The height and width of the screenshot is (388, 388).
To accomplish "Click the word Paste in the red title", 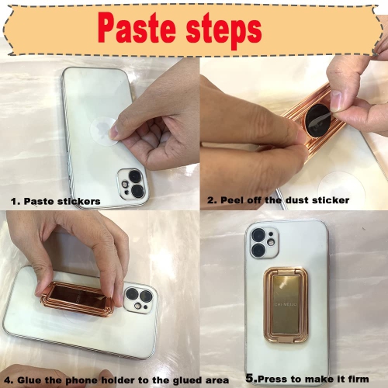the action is tap(137, 28).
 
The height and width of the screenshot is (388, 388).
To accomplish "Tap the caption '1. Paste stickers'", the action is tap(56, 201).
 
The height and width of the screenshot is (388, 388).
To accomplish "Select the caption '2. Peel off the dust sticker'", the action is tap(278, 200).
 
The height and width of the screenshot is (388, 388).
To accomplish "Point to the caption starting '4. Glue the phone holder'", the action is tap(116, 380).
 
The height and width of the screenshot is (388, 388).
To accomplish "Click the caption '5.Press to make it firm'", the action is tap(307, 379).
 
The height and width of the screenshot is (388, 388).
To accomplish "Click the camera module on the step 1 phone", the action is tap(133, 184).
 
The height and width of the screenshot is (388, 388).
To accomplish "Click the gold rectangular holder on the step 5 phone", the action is tap(286, 305).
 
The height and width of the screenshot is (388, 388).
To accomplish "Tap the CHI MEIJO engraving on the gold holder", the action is tap(286, 304).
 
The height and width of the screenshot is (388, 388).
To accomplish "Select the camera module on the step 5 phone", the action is tap(264, 243).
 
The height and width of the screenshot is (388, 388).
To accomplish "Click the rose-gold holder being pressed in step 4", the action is tap(78, 299).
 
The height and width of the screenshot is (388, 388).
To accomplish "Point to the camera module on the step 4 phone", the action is tap(140, 299).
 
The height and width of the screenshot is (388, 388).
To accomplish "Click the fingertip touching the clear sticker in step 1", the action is tap(114, 131).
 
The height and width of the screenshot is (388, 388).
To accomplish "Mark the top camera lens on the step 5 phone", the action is tap(258, 235).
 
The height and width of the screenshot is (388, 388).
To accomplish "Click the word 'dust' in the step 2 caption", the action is tap(296, 200).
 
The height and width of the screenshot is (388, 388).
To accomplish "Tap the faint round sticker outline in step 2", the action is tap(336, 187).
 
